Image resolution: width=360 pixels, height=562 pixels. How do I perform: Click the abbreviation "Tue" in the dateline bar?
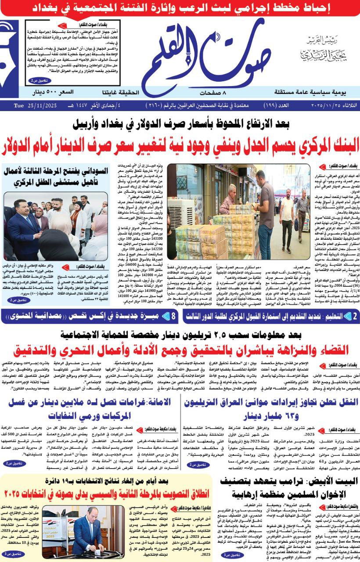point(18,106)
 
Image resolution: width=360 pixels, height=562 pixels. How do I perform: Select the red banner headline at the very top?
point(180,8)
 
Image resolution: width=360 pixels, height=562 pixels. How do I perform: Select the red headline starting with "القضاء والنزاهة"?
point(180,349)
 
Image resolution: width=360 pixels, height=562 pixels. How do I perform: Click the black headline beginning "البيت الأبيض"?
point(294,486)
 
